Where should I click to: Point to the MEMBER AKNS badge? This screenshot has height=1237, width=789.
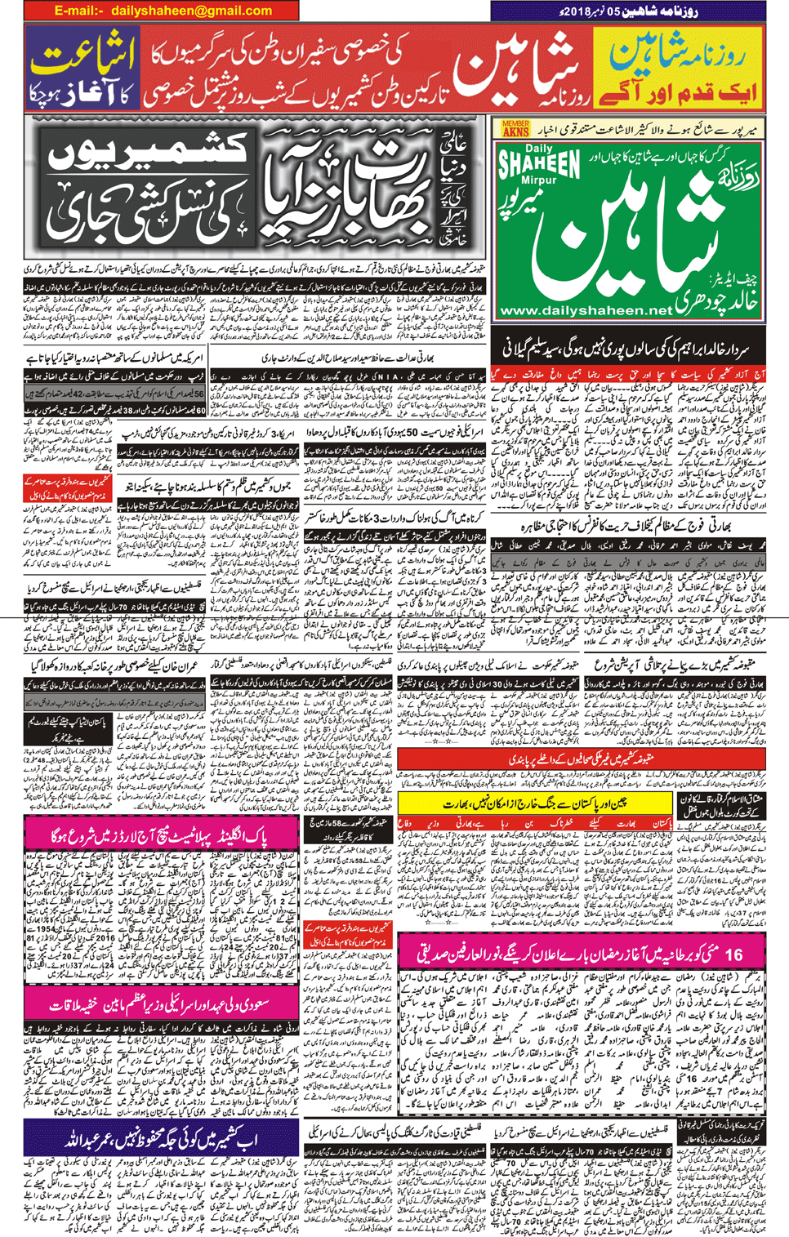pyautogui.click(x=515, y=128)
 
